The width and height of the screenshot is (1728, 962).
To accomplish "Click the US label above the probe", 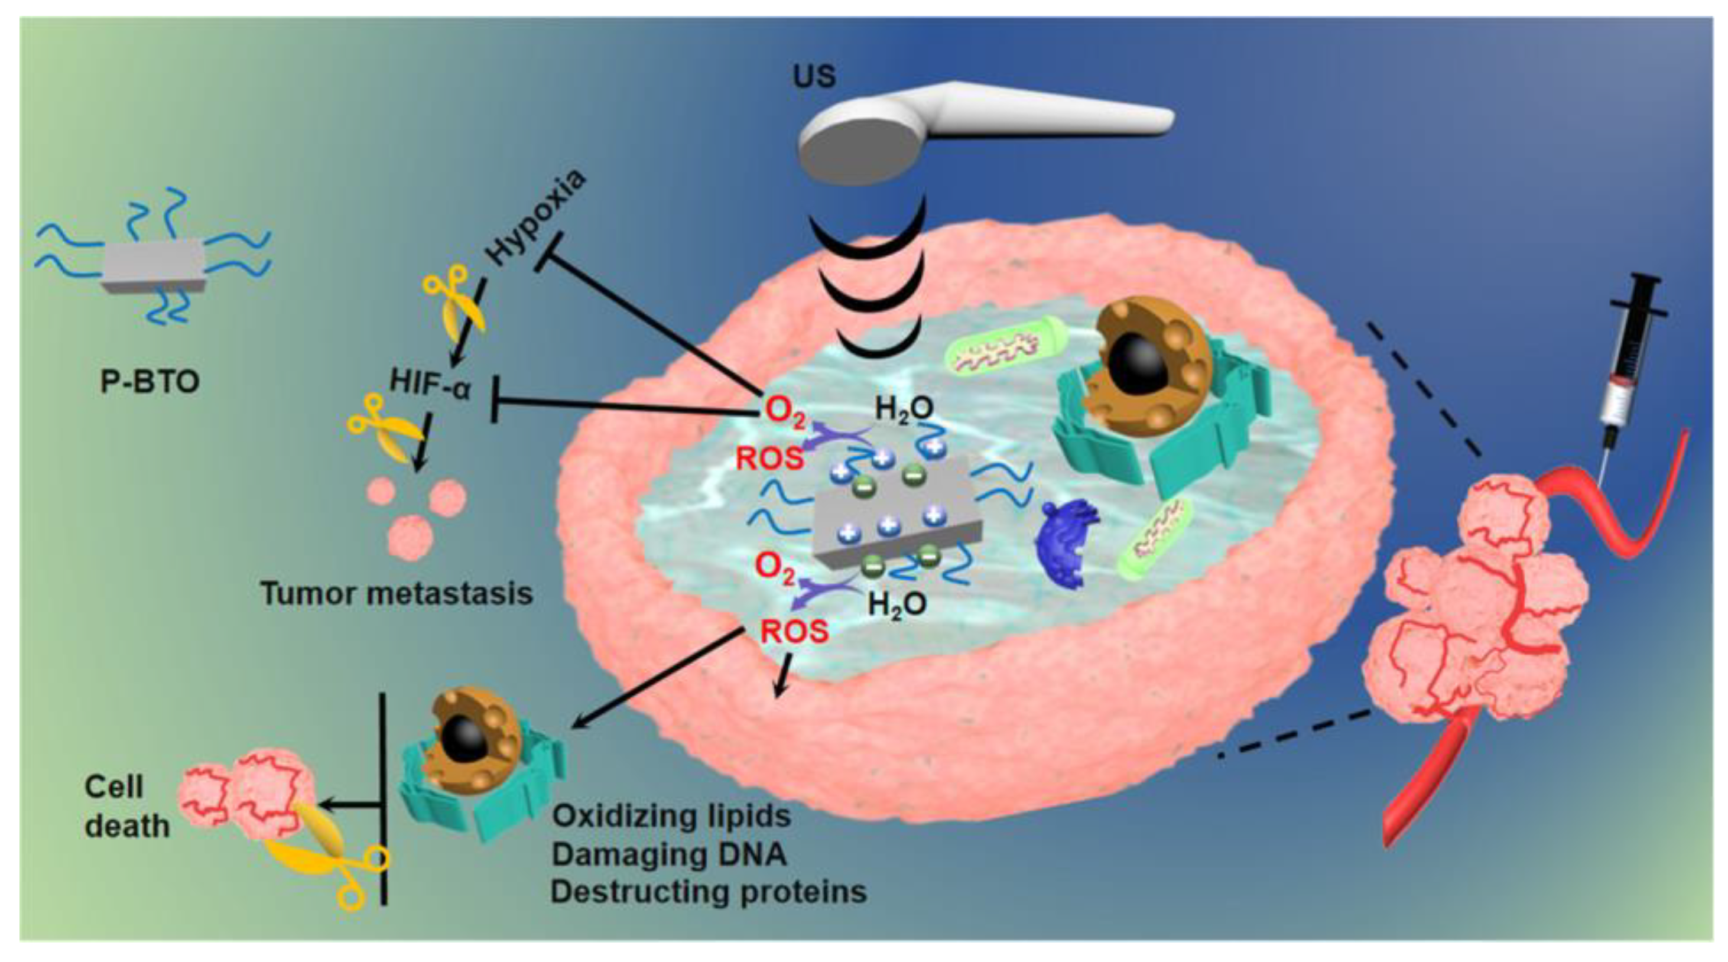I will (814, 76).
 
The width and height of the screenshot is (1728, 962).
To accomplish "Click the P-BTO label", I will (150, 382).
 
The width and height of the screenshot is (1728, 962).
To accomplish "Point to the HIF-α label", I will (431, 386).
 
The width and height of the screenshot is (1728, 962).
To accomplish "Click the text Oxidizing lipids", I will (671, 816).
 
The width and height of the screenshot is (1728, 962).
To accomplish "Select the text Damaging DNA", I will (669, 854).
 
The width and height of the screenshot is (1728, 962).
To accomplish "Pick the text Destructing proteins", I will (709, 892).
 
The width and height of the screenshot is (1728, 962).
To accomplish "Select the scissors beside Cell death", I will (329, 852).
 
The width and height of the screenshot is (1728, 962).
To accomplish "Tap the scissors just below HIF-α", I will (379, 430).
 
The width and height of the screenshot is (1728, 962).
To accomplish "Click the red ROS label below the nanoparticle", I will (794, 631).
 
